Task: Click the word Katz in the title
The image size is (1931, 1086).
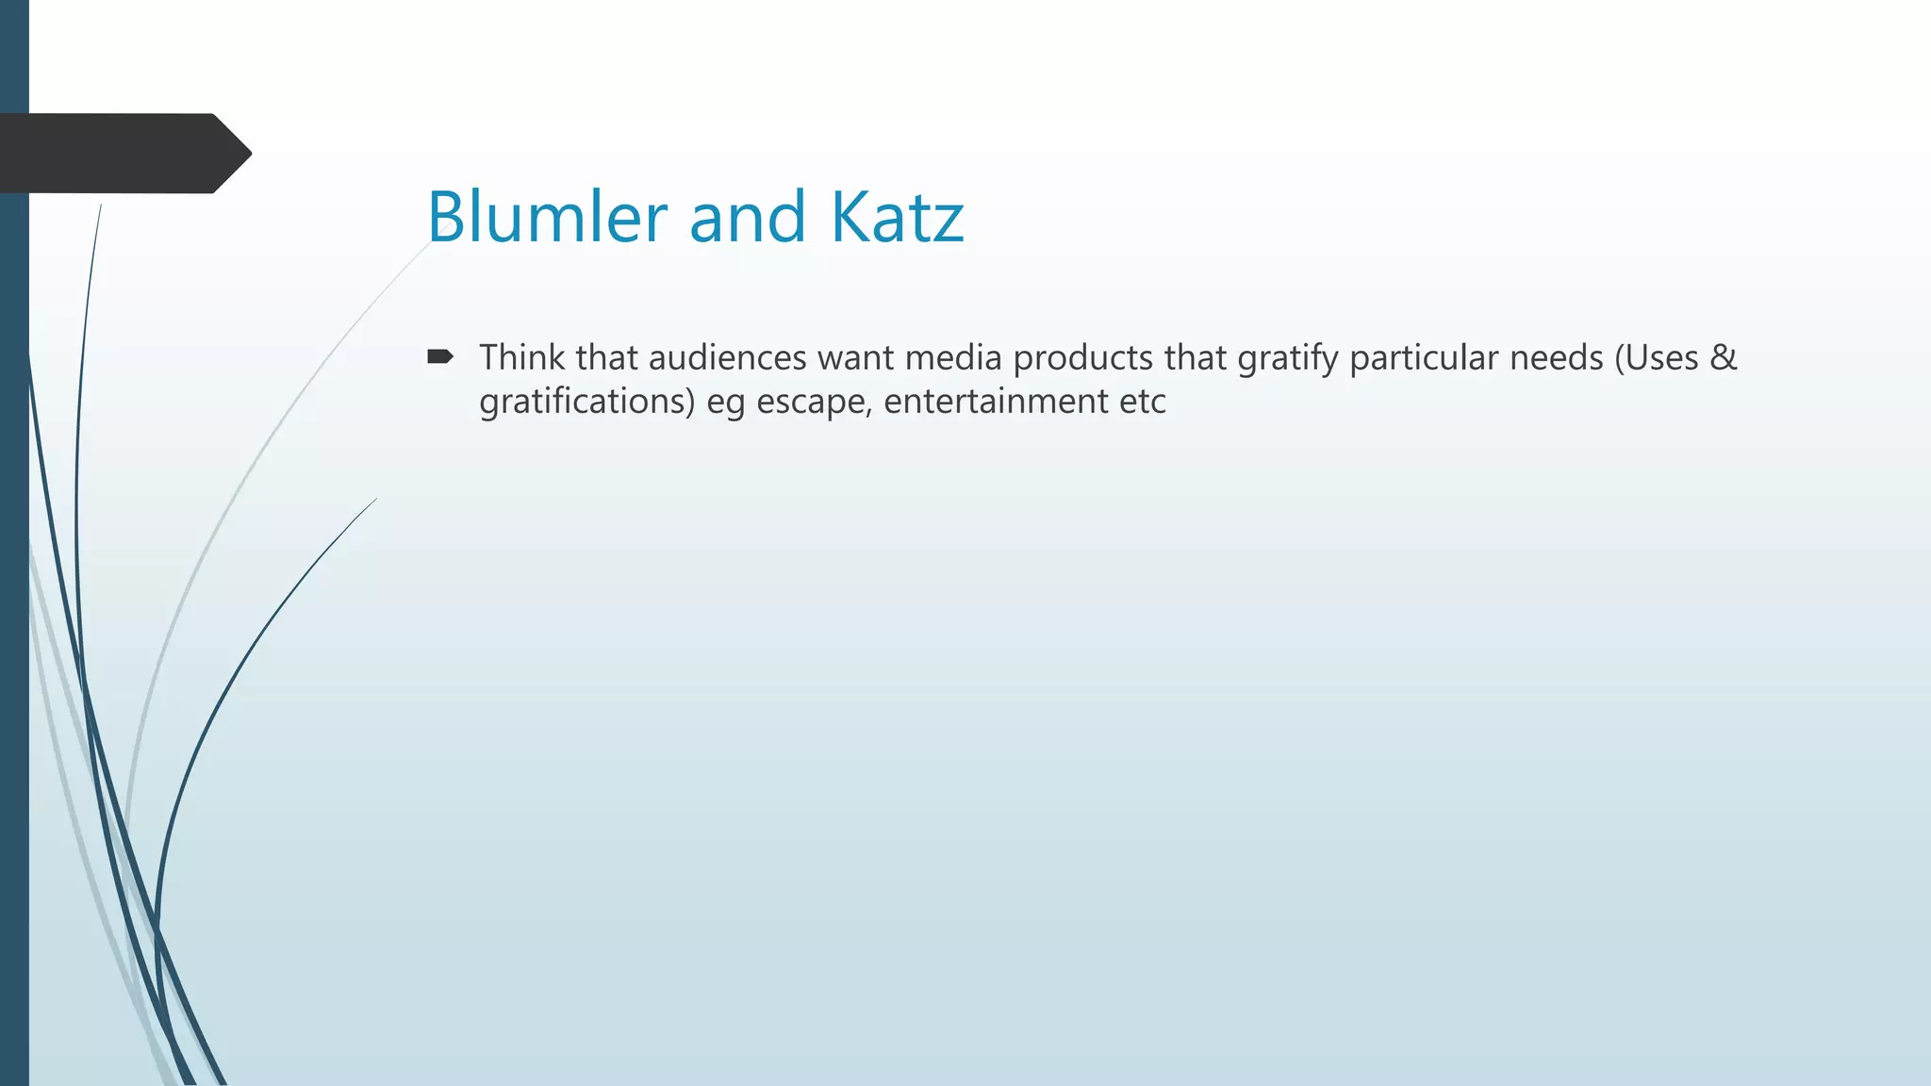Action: click(x=897, y=217)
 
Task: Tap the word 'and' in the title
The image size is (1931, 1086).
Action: click(x=748, y=217)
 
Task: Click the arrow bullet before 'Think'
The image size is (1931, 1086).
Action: click(x=440, y=356)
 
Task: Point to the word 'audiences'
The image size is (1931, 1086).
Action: click(x=727, y=358)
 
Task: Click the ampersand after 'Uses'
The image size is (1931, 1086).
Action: click(x=1723, y=358)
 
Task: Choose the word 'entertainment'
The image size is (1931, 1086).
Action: click(x=996, y=402)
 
